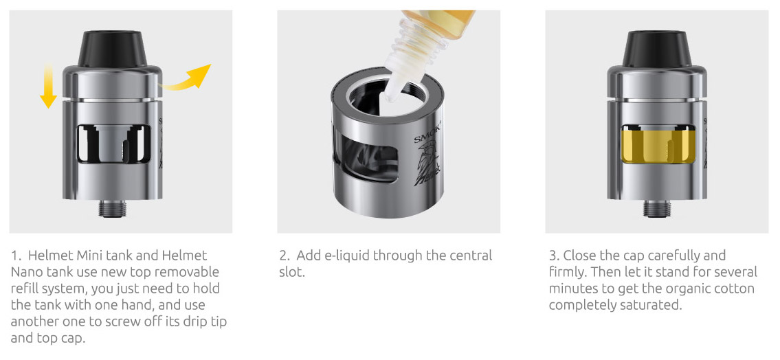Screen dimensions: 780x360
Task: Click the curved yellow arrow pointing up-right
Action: point(186,80)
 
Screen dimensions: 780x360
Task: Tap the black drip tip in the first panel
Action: point(113,49)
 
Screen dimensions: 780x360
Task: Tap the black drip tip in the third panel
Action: point(657,49)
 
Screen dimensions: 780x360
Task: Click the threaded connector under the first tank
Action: point(113,208)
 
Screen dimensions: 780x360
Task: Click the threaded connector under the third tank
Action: point(657,208)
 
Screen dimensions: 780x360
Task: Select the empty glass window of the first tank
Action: point(113,144)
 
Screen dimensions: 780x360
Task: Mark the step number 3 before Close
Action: point(554,256)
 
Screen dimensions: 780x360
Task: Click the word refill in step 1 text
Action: point(25,289)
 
